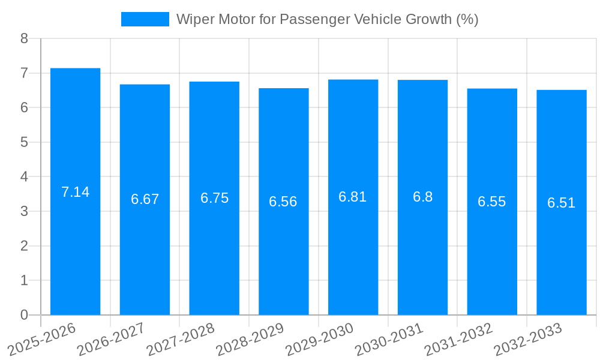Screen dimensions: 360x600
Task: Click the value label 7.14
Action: pyautogui.click(x=75, y=192)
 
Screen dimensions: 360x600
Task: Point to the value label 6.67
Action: pyautogui.click(x=145, y=199)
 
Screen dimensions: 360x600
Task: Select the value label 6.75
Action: pyautogui.click(x=214, y=198)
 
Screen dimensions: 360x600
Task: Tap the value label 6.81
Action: pyautogui.click(x=353, y=197)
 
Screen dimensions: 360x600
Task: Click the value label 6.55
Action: pyautogui.click(x=491, y=202)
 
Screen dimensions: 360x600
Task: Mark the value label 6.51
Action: pyautogui.click(x=561, y=203)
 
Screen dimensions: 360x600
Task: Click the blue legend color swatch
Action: pyautogui.click(x=145, y=19)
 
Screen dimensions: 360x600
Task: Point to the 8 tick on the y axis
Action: pyautogui.click(x=24, y=38)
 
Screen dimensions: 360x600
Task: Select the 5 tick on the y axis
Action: pyautogui.click(x=24, y=142)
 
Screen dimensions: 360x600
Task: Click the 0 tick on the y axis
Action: pyautogui.click(x=24, y=315)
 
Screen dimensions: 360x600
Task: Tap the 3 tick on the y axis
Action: pyautogui.click(x=24, y=211)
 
